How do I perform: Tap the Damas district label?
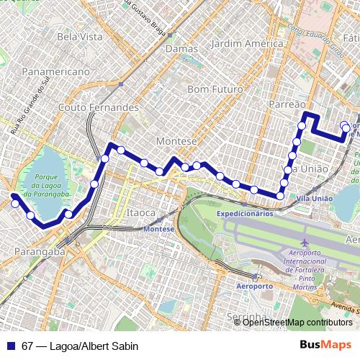tap(176, 49)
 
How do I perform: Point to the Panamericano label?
tap(55, 72)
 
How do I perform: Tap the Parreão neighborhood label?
tap(286, 104)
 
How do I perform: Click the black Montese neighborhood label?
tap(176, 141)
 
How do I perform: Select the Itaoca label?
tap(140, 213)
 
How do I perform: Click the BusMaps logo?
tap(325, 344)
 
